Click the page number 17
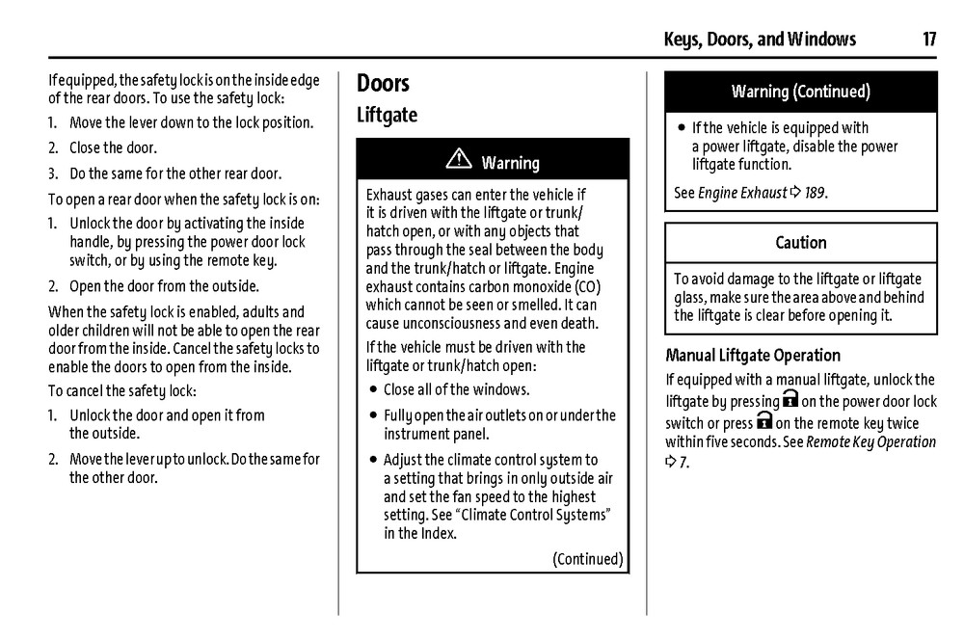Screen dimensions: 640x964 (x=928, y=40)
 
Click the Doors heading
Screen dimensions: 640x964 (x=383, y=84)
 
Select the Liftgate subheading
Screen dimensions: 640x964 (x=387, y=116)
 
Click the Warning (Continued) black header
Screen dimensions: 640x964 (x=800, y=93)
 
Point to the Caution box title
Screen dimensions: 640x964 (x=800, y=243)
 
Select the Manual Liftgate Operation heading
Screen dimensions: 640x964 (x=753, y=356)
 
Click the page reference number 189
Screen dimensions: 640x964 (x=815, y=193)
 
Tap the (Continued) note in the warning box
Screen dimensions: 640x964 (x=587, y=559)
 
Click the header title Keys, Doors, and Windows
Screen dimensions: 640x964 (x=760, y=40)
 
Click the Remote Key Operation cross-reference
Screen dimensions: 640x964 (x=870, y=442)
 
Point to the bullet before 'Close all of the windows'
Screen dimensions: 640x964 (x=372, y=390)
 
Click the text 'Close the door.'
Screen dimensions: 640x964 (x=113, y=148)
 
